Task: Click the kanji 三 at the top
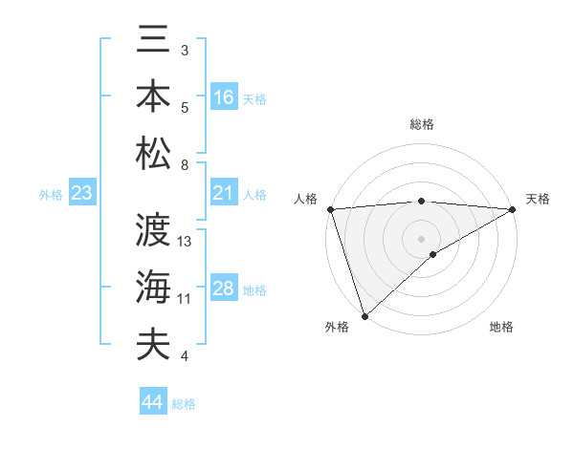[153, 42]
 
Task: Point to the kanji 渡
[153, 230]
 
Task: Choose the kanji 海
[153, 286]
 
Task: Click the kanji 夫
[153, 343]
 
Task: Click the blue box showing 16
[224, 97]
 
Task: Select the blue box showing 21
[224, 194]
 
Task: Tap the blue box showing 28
[224, 289]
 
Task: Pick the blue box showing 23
[82, 194]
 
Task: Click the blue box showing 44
[153, 402]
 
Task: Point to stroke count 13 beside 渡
[185, 242]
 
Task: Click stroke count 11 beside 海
[185, 299]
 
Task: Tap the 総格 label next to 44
[184, 404]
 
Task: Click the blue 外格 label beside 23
[51, 195]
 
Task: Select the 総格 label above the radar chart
[422, 124]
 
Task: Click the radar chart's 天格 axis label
[538, 199]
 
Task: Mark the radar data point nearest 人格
[330, 209]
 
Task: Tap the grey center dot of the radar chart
[422, 238]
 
